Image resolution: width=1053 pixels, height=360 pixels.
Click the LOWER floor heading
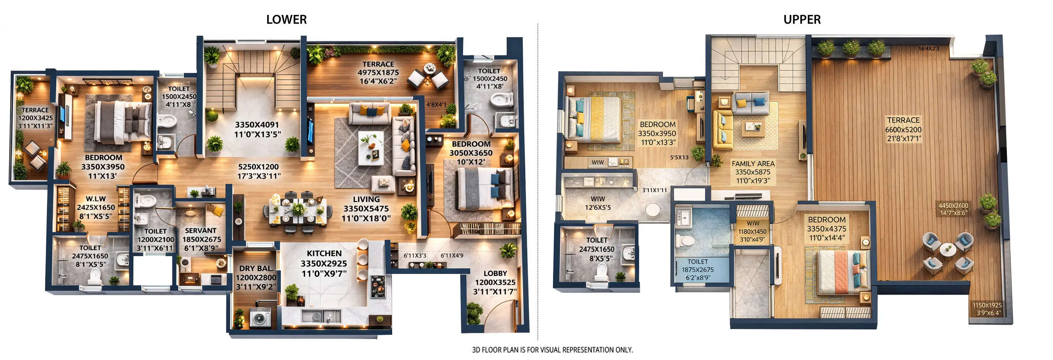[x=286, y=20]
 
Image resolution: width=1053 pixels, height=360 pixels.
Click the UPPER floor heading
[x=802, y=20]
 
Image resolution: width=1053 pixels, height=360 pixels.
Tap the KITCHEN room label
[x=324, y=253]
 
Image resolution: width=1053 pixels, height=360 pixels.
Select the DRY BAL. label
[x=256, y=269]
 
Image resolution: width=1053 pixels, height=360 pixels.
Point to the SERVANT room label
[x=200, y=231]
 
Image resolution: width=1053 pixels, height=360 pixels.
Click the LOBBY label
[x=495, y=273]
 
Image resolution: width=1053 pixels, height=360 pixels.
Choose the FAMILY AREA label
[x=753, y=163]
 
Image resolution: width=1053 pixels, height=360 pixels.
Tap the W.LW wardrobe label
[x=96, y=199]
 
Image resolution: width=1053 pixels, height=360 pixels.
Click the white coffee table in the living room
[x=371, y=148]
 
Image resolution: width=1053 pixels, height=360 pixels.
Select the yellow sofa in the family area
[x=723, y=130]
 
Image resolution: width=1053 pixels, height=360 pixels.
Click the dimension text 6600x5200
[x=904, y=130]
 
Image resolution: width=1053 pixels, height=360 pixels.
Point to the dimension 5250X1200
[x=258, y=167]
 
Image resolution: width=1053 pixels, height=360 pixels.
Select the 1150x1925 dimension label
[x=987, y=305]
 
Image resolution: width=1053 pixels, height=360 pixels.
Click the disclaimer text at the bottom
[x=552, y=350]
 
